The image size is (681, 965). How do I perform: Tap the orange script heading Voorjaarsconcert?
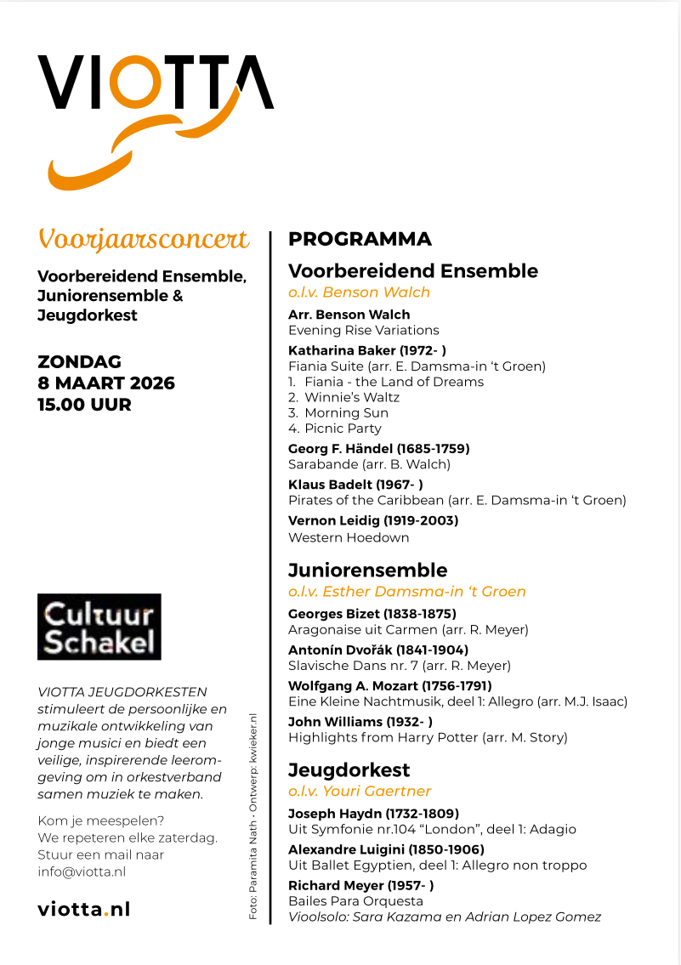pos(144,240)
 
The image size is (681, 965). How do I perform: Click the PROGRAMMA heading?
pos(360,239)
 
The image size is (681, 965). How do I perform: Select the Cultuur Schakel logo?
pos(99,627)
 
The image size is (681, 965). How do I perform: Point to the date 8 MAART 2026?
pos(106,383)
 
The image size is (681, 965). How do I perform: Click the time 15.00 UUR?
pos(84,405)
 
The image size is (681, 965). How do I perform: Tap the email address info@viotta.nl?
pos(82,871)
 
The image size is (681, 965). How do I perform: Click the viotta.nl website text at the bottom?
pos(83,909)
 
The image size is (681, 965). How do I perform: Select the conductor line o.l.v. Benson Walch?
pos(359,292)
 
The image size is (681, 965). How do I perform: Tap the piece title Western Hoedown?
pos(349,537)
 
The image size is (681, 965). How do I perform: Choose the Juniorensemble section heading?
pos(367,570)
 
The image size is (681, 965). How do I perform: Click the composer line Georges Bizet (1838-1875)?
pos(372,614)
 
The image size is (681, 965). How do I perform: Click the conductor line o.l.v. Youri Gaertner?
pos(360,792)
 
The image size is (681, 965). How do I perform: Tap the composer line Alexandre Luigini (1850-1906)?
pos(386,849)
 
